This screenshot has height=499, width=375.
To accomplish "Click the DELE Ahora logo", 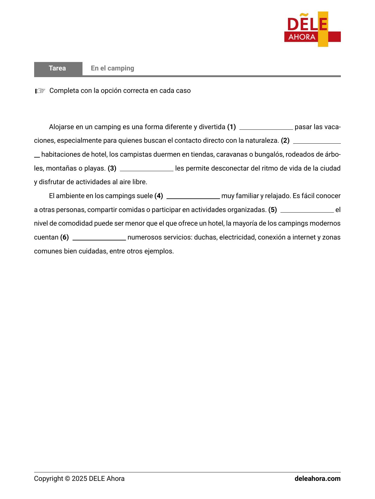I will tap(312, 29).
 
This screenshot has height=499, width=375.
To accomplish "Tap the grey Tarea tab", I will tap(58, 68).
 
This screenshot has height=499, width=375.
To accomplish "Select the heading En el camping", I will tap(112, 68).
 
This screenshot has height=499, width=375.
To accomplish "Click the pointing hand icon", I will tap(40, 91).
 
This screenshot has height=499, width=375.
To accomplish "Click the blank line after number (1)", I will tap(266, 128).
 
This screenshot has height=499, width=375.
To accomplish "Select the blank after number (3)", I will tap(147, 169).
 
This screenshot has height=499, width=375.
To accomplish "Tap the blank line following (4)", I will tap(193, 197).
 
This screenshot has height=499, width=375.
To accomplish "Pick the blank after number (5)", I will tap(307, 210).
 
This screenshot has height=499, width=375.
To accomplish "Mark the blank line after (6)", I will tap(99, 238).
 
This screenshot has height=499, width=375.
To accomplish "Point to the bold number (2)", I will tap(285, 141).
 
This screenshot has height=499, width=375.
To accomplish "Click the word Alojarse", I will tap(61, 127).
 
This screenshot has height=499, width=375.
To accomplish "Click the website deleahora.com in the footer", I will tap(317, 479).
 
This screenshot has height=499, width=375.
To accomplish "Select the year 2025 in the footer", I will tap(79, 479).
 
